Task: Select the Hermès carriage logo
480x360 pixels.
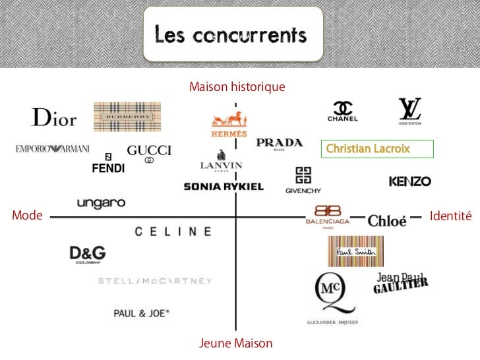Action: click(x=229, y=123)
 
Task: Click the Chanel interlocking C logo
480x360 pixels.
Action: click(x=343, y=111)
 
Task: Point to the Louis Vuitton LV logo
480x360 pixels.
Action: click(x=409, y=111)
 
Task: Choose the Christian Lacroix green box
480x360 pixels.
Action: click(x=377, y=149)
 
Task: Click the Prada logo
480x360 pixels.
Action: click(x=280, y=144)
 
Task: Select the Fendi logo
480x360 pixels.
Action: click(x=108, y=165)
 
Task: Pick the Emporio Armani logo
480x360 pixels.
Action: click(x=52, y=149)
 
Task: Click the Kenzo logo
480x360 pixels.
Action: click(x=409, y=181)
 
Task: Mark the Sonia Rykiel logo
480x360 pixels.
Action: click(x=224, y=187)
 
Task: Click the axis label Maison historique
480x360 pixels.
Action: click(x=237, y=87)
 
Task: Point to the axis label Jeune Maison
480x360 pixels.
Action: click(x=235, y=344)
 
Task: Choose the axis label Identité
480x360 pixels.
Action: click(x=451, y=216)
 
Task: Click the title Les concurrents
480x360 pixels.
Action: click(x=231, y=34)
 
